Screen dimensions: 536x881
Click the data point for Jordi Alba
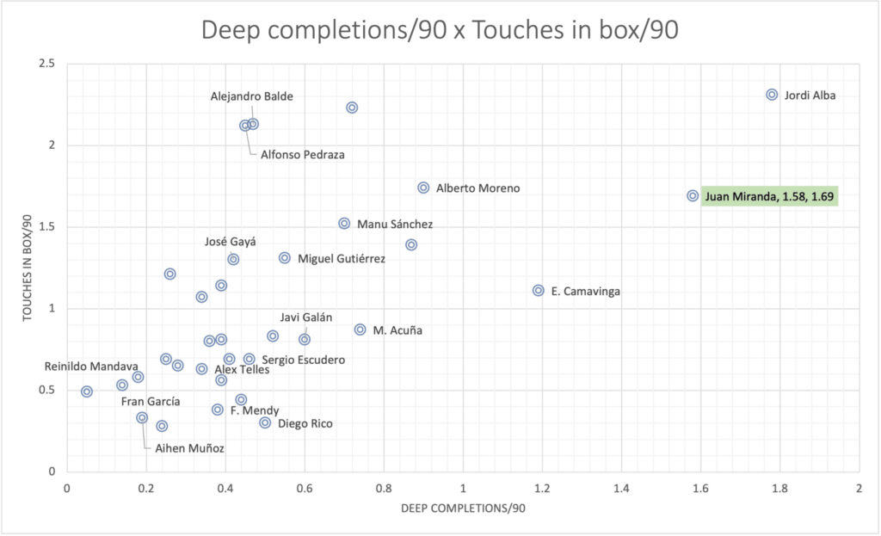772,95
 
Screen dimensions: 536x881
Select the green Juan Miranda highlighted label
769,196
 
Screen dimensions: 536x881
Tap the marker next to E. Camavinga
539,291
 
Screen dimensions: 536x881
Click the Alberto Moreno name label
477,188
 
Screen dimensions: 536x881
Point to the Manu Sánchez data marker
344,224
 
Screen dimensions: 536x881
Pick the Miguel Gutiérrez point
285,258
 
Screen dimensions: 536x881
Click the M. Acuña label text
397,330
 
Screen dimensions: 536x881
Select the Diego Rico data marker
265,423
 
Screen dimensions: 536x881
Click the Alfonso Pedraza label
298,155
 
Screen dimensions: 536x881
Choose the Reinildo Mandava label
91,367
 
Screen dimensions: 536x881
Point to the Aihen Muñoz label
189,448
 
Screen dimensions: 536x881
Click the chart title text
440,31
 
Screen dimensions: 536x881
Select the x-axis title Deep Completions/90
463,508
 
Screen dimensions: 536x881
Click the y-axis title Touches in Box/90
28,268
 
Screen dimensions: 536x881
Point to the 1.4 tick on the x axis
621,489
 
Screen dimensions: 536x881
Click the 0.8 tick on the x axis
384,489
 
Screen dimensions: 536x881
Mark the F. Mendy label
255,411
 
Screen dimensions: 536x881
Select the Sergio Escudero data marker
250,359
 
